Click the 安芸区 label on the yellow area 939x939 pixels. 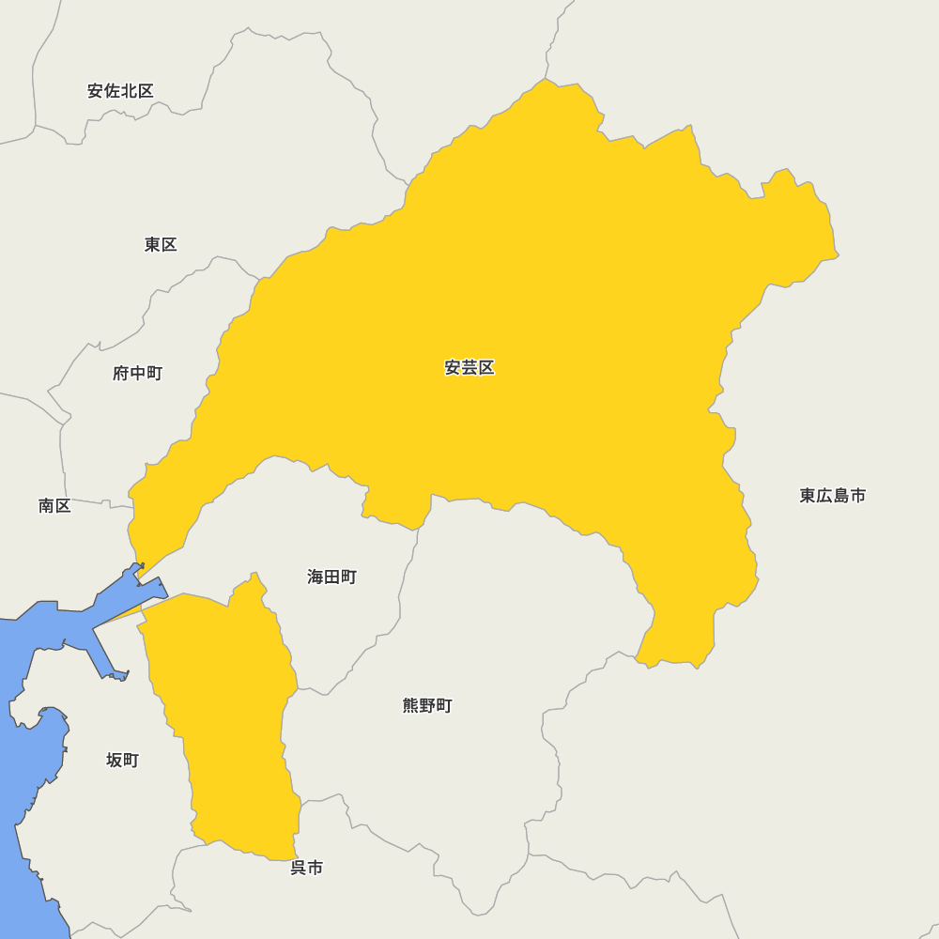(x=469, y=368)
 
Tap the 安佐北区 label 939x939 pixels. (x=120, y=91)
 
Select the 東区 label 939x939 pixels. (x=161, y=245)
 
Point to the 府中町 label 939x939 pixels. (x=137, y=374)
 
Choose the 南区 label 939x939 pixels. (x=54, y=506)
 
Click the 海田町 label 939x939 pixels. (x=331, y=577)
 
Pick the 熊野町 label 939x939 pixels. (x=427, y=706)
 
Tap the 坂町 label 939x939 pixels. (x=122, y=761)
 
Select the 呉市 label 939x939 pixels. (x=306, y=869)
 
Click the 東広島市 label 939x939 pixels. (x=833, y=496)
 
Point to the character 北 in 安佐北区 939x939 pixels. (x=129, y=91)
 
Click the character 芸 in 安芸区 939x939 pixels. (x=469, y=368)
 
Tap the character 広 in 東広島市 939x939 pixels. (x=824, y=496)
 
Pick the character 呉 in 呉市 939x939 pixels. (x=298, y=869)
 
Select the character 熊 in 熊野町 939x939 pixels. (x=411, y=706)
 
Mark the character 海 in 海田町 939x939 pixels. (x=316, y=577)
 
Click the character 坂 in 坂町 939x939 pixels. (x=114, y=761)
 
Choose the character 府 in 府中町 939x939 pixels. (x=121, y=374)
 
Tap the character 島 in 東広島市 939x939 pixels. (x=841, y=496)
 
